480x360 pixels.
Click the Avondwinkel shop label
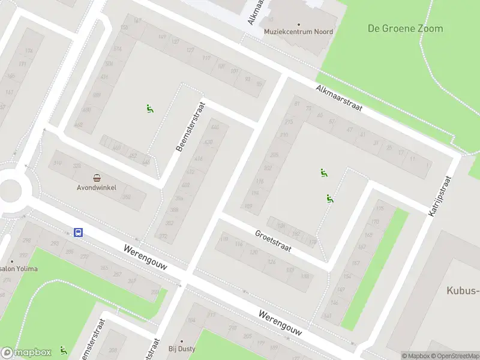(x=96, y=187)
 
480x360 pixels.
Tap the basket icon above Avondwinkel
(x=97, y=177)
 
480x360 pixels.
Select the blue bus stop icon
(x=78, y=232)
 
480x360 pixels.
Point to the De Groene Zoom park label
(x=405, y=28)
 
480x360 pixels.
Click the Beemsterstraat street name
(x=190, y=126)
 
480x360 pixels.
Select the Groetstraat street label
(x=273, y=241)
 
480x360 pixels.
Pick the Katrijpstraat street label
(x=440, y=196)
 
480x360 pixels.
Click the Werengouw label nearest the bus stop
(x=145, y=257)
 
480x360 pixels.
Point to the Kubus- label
(x=463, y=291)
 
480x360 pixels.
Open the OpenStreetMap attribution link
(x=454, y=356)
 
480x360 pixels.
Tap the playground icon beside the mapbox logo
(x=63, y=350)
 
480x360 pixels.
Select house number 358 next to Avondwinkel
(x=127, y=197)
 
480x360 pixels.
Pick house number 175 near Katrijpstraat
(x=379, y=209)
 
